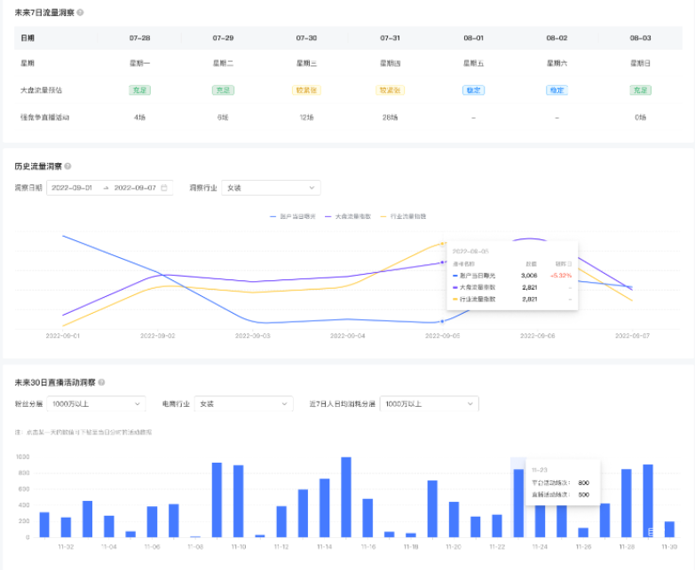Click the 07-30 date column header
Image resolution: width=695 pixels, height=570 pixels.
306,38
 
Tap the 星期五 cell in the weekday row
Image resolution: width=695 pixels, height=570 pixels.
473,64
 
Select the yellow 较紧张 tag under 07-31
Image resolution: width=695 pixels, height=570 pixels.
391,90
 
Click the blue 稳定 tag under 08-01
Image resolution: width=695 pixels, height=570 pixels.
473,90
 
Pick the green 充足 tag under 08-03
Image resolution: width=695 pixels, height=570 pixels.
640,90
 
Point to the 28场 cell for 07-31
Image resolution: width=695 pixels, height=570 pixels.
390,117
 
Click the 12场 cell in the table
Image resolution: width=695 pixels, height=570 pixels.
306,117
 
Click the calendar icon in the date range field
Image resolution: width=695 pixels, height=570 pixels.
164,188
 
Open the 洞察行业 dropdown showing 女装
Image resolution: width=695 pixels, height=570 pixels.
271,188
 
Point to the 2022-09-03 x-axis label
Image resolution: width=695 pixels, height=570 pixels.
252,336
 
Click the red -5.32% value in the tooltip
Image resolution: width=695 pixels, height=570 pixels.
560,276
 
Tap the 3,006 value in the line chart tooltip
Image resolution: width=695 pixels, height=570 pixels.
529,276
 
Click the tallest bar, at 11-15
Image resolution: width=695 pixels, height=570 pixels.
346,497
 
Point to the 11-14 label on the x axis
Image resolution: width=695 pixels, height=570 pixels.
324,547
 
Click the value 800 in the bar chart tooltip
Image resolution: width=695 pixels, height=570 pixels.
583,482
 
